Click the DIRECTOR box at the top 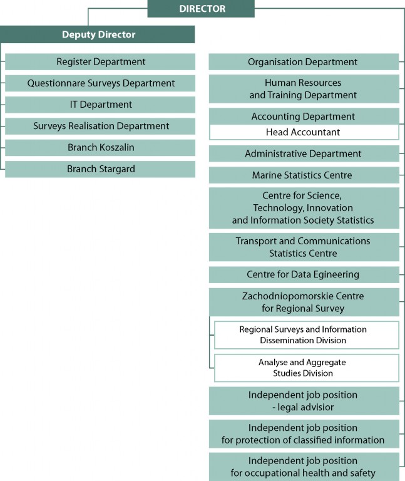coord(201,9)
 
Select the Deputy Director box coord(97,34)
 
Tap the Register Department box coord(100,61)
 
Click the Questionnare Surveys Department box coord(100,83)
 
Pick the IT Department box coord(100,105)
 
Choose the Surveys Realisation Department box coord(100,126)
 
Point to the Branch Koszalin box coord(100,148)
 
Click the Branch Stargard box coord(100,169)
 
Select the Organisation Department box coord(304,61)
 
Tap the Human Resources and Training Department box coord(304,89)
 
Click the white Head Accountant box coord(304,132)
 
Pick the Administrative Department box coord(304,153)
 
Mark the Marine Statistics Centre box coord(304,175)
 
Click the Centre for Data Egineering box coord(304,274)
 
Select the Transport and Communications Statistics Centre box coord(304,247)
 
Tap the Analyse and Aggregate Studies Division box coord(307,368)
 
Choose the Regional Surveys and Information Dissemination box coord(307,335)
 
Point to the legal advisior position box coord(304,401)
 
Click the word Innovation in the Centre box coord(330,208)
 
